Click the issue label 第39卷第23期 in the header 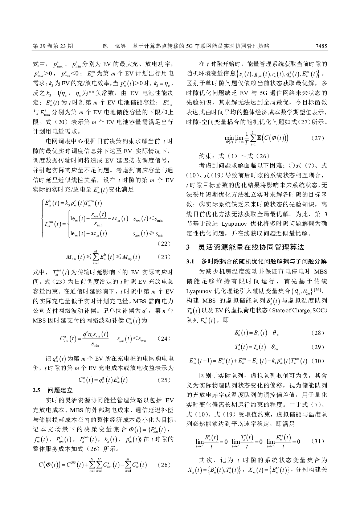(x=53, y=46)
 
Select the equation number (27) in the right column (x=318, y=138)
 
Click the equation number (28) (x=318, y=333)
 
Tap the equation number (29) (x=318, y=347)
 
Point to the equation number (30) (x=318, y=361)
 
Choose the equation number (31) (x=318, y=442)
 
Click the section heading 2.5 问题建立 (x=53, y=390)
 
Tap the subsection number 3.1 (x=191, y=261)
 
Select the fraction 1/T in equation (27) (x=247, y=138)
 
